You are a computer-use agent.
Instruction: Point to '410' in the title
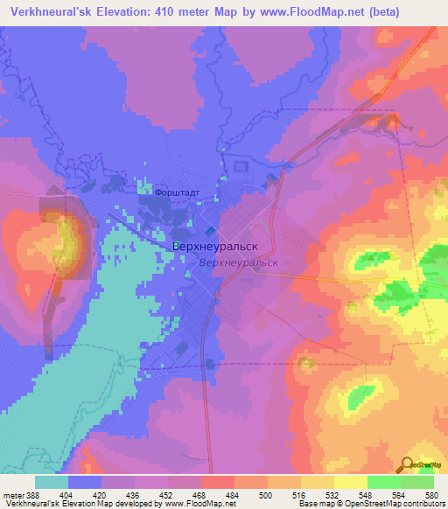tap(195, 11)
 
